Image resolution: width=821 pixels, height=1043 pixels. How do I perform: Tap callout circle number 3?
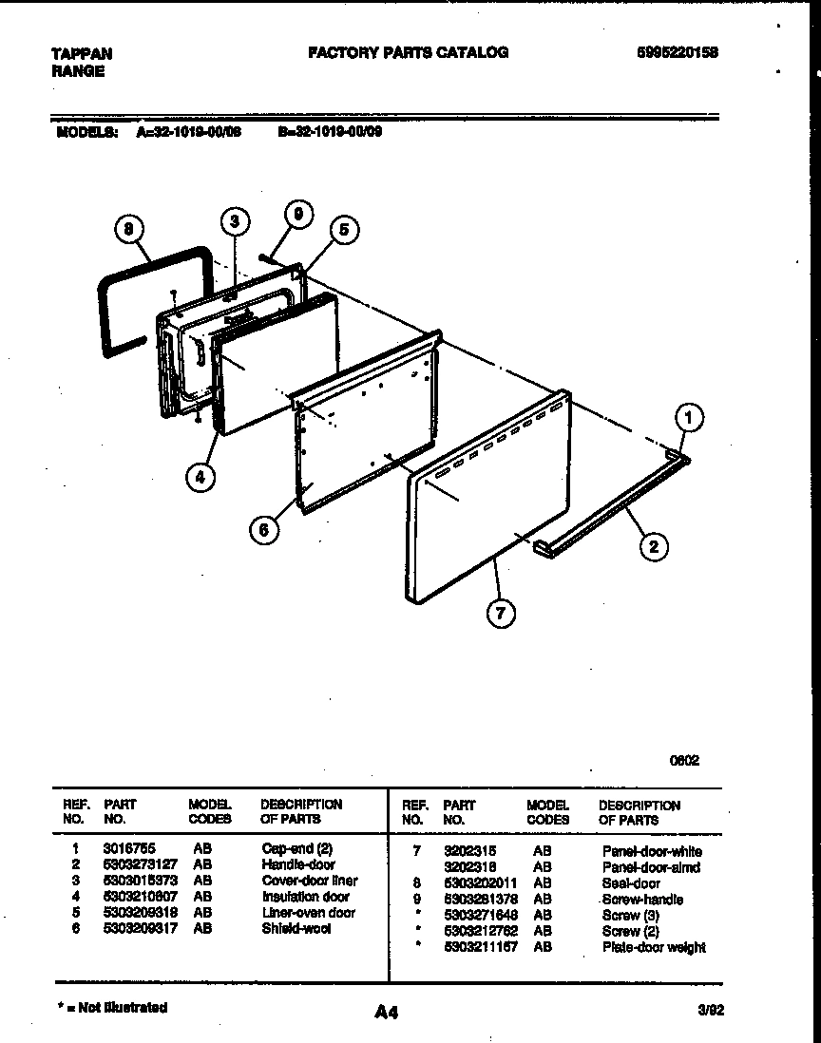click(x=235, y=222)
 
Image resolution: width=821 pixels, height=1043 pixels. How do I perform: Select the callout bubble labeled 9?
click(x=297, y=216)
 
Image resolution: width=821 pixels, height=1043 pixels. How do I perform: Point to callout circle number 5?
click(x=346, y=229)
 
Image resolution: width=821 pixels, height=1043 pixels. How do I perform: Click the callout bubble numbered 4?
click(x=200, y=477)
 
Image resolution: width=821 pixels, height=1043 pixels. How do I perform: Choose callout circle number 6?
click(x=265, y=530)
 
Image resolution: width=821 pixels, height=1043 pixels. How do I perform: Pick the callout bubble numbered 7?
click(x=501, y=614)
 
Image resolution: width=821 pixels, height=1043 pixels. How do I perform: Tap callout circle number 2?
click(x=653, y=546)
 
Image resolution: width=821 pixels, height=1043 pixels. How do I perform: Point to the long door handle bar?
click(x=608, y=508)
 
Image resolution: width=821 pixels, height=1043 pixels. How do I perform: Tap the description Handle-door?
click(x=297, y=865)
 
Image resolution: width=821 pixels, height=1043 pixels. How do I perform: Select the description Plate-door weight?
click(x=653, y=947)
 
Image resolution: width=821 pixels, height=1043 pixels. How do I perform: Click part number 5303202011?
click(x=480, y=882)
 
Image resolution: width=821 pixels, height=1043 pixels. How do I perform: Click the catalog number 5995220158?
click(x=677, y=53)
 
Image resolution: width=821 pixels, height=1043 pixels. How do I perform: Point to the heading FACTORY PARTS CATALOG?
click(x=408, y=53)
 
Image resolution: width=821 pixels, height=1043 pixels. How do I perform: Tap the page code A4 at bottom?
click(x=386, y=1013)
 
